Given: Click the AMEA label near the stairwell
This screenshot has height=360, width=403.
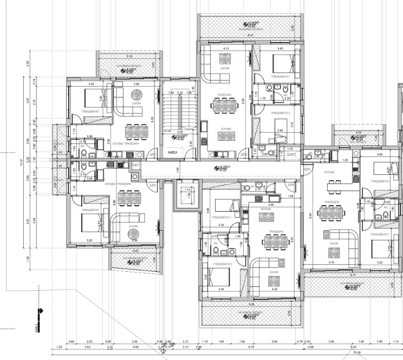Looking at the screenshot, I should point(173,153).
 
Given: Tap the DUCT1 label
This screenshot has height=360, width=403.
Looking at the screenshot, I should point(136,163).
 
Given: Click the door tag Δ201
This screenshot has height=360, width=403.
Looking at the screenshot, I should point(153,155).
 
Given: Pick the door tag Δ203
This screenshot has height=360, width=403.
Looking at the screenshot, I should point(244,154).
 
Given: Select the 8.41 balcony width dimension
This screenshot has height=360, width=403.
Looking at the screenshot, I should point(250,35).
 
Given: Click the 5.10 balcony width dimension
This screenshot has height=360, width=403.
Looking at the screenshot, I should point(128,56).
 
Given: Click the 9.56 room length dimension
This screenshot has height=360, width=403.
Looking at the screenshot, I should point(244,100).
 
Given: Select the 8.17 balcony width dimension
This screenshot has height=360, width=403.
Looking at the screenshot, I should point(353,275).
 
